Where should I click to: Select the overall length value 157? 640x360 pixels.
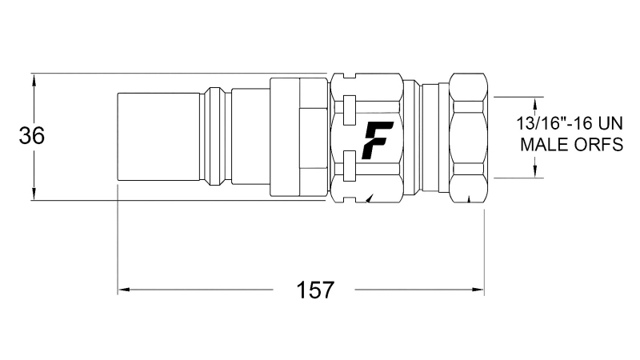tap(316, 290)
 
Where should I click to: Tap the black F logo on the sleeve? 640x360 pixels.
tap(374, 141)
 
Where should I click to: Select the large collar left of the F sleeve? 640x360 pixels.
tap(298, 138)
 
